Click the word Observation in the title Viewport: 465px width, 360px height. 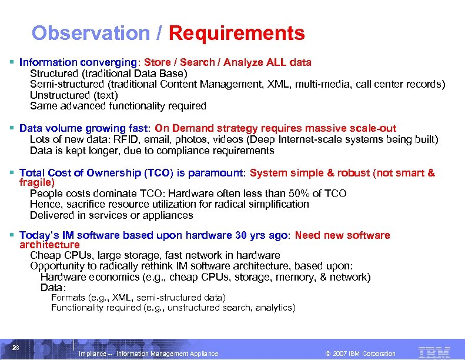coord(91,33)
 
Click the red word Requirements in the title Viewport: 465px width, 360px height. coord(236,33)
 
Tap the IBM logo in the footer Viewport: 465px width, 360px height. coord(434,352)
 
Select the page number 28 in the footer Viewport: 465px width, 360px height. coord(16,347)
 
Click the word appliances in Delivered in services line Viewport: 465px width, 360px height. coord(169,215)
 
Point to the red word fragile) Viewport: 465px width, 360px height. coord(37,183)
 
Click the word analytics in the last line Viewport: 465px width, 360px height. coord(275,308)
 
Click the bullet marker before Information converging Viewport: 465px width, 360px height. coord(12,62)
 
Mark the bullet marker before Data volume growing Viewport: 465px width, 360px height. coord(12,128)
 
